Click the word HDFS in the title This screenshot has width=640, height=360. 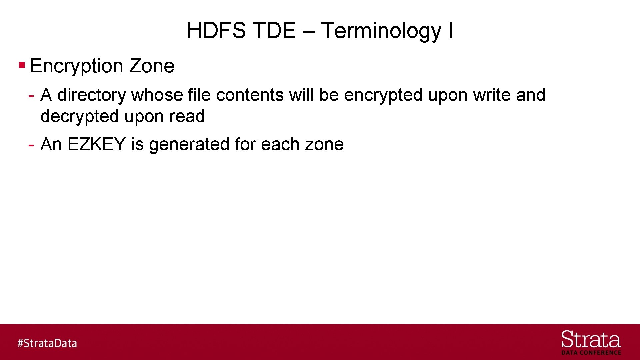(x=216, y=31)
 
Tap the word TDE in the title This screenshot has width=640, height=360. (x=274, y=31)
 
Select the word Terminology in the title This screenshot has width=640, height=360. (x=381, y=31)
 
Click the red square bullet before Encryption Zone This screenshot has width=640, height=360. (x=22, y=65)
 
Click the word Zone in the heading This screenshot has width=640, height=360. (x=152, y=66)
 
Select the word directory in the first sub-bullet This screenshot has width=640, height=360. (x=92, y=95)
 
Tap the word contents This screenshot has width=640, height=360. (x=250, y=95)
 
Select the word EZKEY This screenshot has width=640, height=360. (x=96, y=144)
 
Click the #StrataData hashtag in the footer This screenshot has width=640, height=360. (x=47, y=343)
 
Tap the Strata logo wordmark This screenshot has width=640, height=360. (x=591, y=340)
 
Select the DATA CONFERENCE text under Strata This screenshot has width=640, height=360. (x=591, y=353)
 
